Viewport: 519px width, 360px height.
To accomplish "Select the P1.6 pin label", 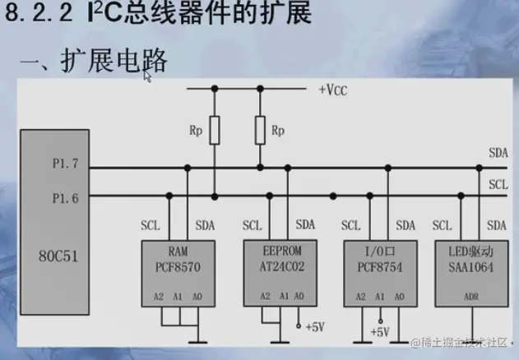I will pos(64,198).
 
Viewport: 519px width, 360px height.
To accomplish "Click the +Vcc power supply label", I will pos(334,90).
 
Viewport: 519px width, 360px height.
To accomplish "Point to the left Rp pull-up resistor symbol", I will pos(215,130).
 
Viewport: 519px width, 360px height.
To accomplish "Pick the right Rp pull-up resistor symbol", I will pos(260,130).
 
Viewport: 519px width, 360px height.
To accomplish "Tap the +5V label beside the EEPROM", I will pos(315,326).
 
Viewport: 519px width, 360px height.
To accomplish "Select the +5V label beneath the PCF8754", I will pos(379,332).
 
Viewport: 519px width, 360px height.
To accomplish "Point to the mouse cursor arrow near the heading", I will pos(147,76).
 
